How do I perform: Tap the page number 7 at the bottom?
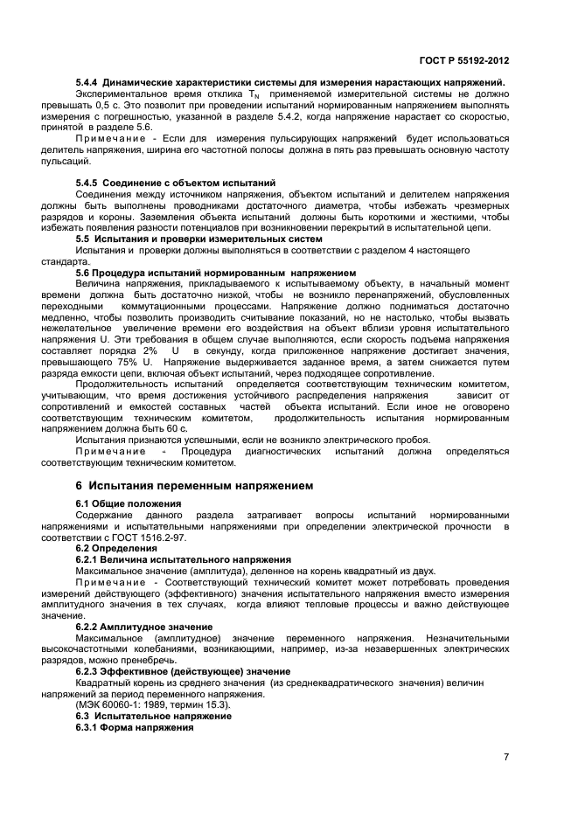tap(506, 757)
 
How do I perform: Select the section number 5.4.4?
tap(89, 82)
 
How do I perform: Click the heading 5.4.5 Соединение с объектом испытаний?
tap(176, 183)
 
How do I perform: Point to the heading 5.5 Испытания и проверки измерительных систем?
tap(198, 239)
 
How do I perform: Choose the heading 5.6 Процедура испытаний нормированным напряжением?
tap(216, 273)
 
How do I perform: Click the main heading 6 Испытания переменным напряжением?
tap(194, 485)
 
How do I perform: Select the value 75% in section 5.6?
tap(123, 362)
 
